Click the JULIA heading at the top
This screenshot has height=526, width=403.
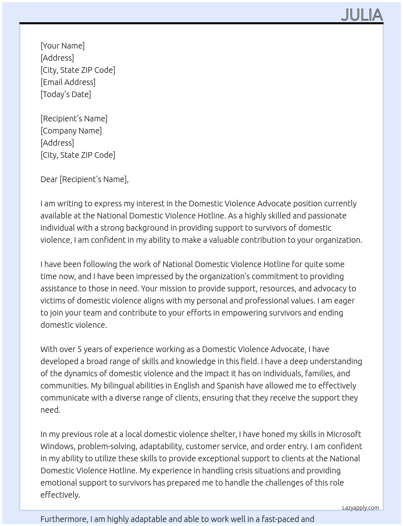click(x=362, y=15)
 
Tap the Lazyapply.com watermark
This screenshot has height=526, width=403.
click(x=360, y=508)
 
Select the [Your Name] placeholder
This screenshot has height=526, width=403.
click(x=62, y=46)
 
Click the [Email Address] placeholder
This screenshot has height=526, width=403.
click(x=68, y=82)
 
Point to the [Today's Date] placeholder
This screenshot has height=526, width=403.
click(x=66, y=94)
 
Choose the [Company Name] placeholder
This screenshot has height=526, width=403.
click(x=71, y=131)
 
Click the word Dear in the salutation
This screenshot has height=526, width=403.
click(x=49, y=179)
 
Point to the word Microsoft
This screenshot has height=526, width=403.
click(x=344, y=434)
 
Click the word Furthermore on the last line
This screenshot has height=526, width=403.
click(x=64, y=519)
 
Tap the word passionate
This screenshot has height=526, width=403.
click(x=326, y=216)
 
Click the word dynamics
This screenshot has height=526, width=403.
click(x=84, y=373)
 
